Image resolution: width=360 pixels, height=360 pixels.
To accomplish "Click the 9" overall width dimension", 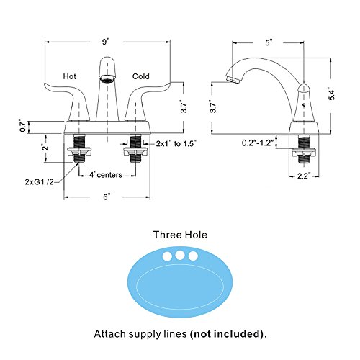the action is point(106,42).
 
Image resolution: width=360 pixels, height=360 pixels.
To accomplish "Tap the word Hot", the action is point(70,76).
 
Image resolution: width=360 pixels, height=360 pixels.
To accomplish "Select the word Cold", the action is point(141,76).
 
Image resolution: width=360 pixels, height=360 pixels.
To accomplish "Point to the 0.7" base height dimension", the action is point(23,125).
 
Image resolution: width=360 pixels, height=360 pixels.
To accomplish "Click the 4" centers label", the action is point(106,175).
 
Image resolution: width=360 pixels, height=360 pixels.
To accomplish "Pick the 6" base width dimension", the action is point(107,197).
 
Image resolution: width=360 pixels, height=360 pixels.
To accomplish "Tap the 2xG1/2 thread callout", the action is point(39,181).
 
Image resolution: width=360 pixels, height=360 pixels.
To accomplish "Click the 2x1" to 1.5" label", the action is point(176,143).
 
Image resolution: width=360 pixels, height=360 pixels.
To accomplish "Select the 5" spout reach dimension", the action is point(269,42).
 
